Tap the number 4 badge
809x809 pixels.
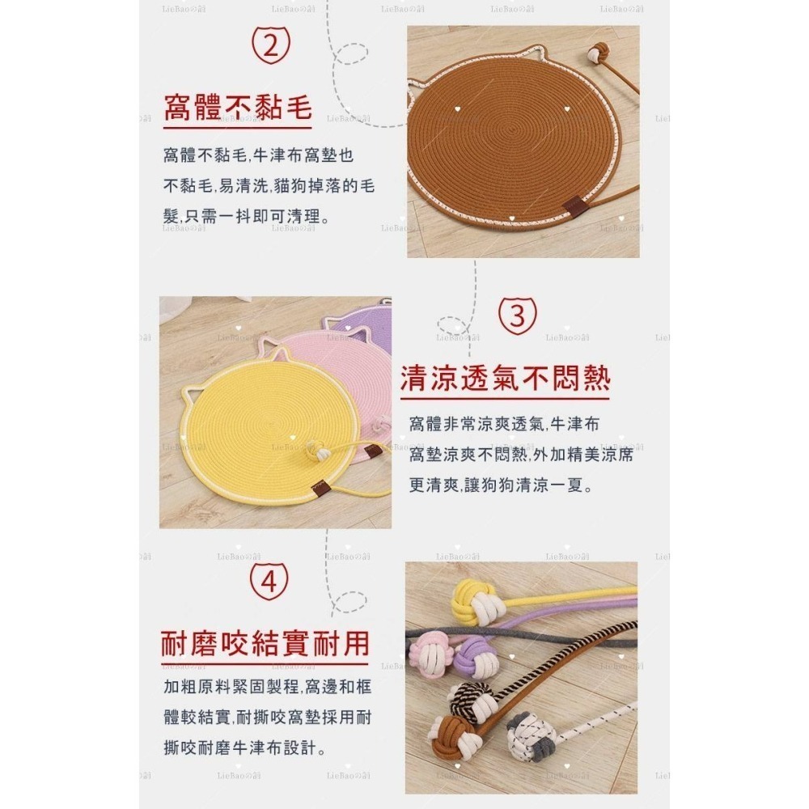tap(270, 582)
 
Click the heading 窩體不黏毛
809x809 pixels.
tap(238, 108)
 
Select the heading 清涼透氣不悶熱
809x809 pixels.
tap(505, 378)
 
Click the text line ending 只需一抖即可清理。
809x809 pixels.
tap(245, 216)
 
